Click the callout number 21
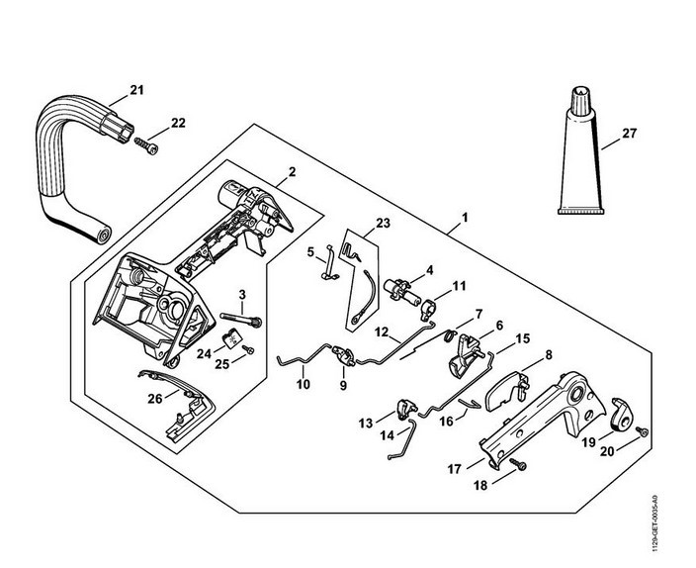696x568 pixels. pos(136,90)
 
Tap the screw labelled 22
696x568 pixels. pos(146,145)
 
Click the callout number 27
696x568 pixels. pos(630,134)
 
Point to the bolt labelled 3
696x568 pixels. pos(241,319)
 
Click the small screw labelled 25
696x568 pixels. pos(249,350)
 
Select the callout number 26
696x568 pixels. pos(155,399)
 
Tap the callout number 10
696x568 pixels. pos(304,384)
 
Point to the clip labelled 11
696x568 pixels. pos(428,309)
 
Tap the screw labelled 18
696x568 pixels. pos(518,464)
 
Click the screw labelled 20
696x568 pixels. pos(642,430)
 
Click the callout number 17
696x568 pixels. pos(455,469)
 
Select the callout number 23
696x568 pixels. pos(383,223)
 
